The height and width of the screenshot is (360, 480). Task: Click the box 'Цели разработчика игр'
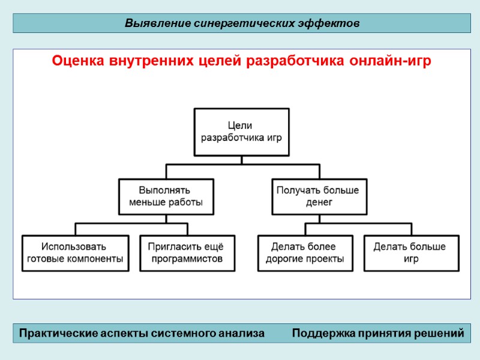tap(241, 131)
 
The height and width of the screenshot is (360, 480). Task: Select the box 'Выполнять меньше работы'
tap(166, 196)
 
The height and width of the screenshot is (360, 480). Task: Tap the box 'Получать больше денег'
tap(319, 196)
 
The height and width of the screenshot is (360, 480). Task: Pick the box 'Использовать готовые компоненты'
tap(75, 253)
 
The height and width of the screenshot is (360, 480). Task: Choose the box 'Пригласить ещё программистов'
tap(187, 253)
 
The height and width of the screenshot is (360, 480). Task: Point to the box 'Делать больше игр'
tap(410, 253)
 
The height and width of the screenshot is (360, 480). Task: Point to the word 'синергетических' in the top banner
tap(245, 24)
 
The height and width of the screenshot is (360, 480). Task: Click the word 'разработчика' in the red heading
tap(292, 62)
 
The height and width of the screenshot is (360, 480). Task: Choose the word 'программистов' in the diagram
tap(187, 259)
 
